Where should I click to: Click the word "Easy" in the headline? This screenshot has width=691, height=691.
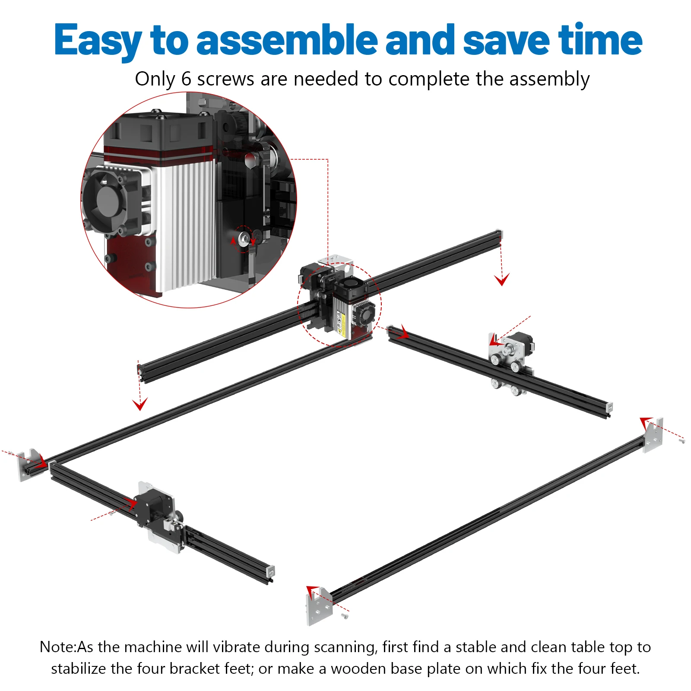click(x=98, y=40)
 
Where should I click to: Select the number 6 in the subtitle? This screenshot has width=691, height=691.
click(x=186, y=79)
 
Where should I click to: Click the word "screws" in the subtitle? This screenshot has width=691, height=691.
click(x=225, y=79)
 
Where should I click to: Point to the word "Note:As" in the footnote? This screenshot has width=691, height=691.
click(x=67, y=647)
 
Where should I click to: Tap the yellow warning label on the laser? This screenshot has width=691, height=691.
click(x=341, y=323)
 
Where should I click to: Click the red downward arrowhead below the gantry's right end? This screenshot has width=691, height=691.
click(x=502, y=280)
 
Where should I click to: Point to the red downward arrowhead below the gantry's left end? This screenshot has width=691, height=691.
click(x=140, y=405)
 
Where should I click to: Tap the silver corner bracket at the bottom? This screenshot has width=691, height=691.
click(x=319, y=607)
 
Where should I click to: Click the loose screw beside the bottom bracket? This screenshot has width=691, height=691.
click(x=345, y=615)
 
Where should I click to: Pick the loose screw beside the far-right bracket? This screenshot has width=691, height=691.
click(x=682, y=441)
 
